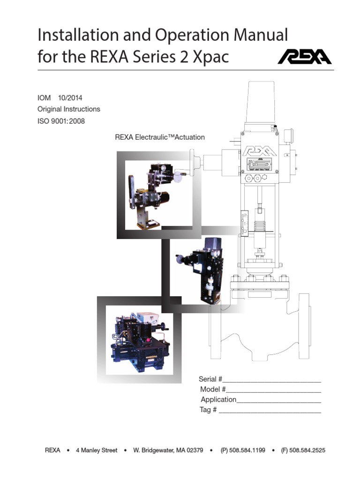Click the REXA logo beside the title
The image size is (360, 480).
point(304,57)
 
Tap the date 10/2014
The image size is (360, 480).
point(70,98)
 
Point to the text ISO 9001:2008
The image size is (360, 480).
point(61,120)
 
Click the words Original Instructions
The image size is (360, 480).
point(69,109)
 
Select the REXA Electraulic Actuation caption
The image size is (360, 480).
point(160,137)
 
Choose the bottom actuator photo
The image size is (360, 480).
point(140,340)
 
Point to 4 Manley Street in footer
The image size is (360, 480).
point(97,450)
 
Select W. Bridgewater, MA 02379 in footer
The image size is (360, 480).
point(168,450)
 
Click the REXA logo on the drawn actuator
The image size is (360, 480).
point(259,151)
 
